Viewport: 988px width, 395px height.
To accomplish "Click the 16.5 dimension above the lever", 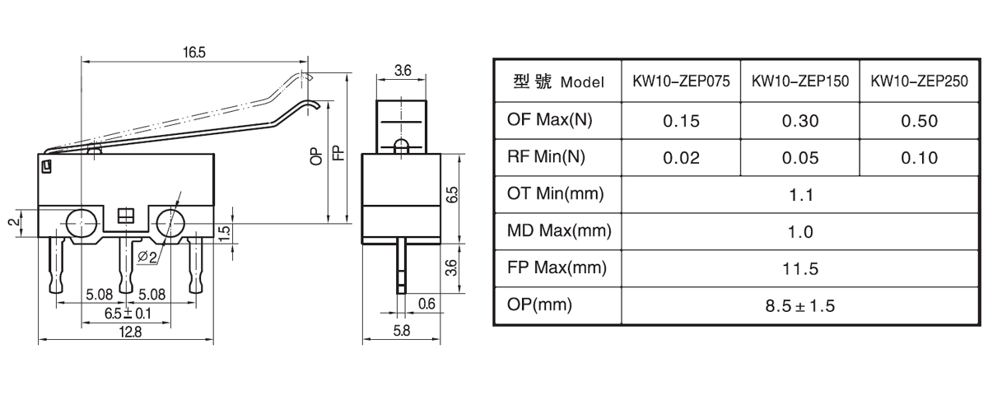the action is coord(194,53).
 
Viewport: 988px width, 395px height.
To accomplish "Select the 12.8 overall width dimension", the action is coord(131,332).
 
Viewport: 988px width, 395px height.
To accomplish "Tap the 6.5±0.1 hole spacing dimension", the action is coord(128,314).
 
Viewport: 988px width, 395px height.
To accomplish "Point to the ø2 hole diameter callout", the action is coord(147,257).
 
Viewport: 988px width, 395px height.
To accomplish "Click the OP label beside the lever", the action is coord(317,156).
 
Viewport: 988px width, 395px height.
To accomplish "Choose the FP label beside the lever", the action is coord(338,152).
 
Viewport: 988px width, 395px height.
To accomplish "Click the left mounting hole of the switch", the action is coord(82,224).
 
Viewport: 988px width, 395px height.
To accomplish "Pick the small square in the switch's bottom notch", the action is coord(126,216).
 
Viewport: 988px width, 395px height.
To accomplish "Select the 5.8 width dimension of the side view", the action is coord(402,331).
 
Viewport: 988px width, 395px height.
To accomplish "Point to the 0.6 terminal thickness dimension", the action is coord(426,304).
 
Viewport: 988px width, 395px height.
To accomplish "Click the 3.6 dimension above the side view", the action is coord(403,71).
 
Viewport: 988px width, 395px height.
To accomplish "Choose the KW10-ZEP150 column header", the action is coord(800,81).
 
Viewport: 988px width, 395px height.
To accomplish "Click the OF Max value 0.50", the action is coord(919,121).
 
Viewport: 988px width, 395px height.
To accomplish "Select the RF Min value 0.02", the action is coord(681,158).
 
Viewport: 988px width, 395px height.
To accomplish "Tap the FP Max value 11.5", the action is coord(800,269).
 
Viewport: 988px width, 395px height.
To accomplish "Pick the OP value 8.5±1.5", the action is coord(800,306).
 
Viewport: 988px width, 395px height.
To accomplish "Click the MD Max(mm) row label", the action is coord(559,231).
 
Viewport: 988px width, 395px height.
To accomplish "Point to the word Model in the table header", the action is coord(582,82).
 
